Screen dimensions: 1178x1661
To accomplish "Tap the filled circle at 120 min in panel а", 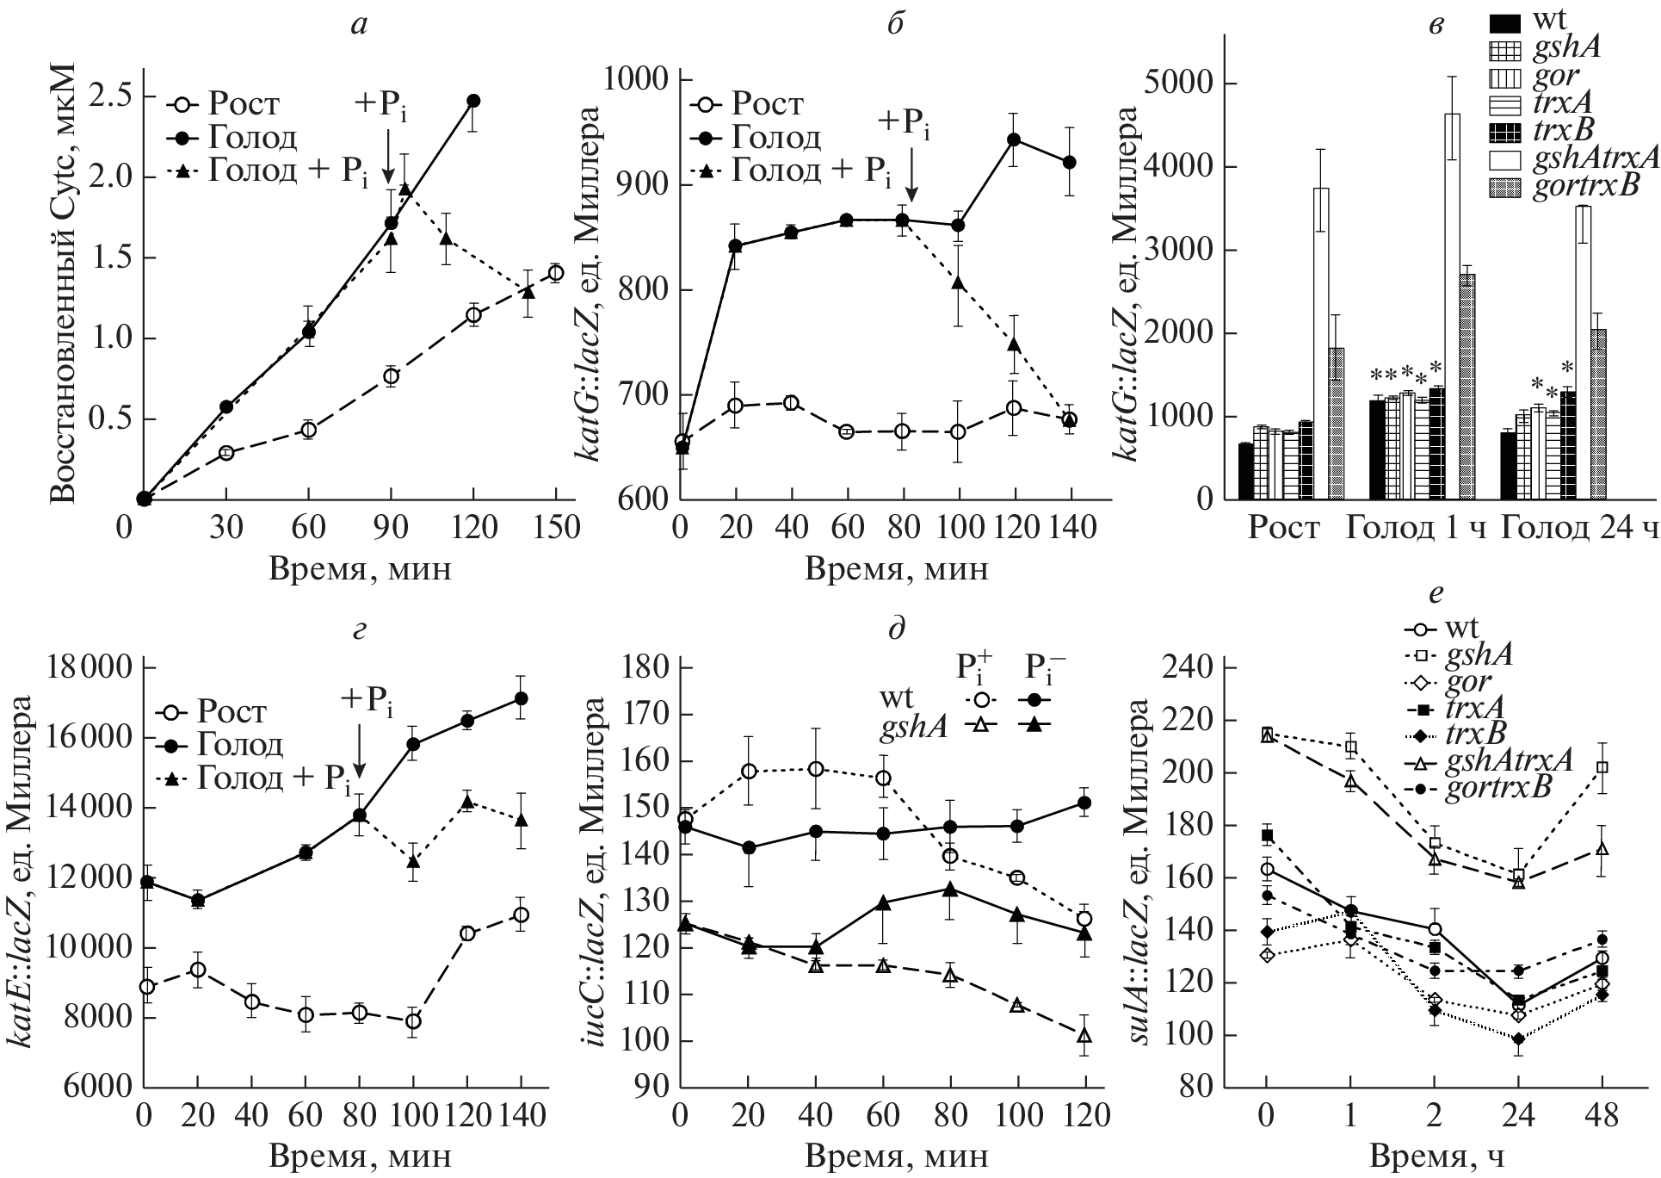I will (x=472, y=101).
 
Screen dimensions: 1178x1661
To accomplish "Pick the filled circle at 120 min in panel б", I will (x=1014, y=139).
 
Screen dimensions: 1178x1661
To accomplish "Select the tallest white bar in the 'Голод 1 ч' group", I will (x=1452, y=306).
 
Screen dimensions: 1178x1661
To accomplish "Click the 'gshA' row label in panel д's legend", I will (x=913, y=727).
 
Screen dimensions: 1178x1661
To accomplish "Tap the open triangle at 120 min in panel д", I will (x=1084, y=1036).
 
